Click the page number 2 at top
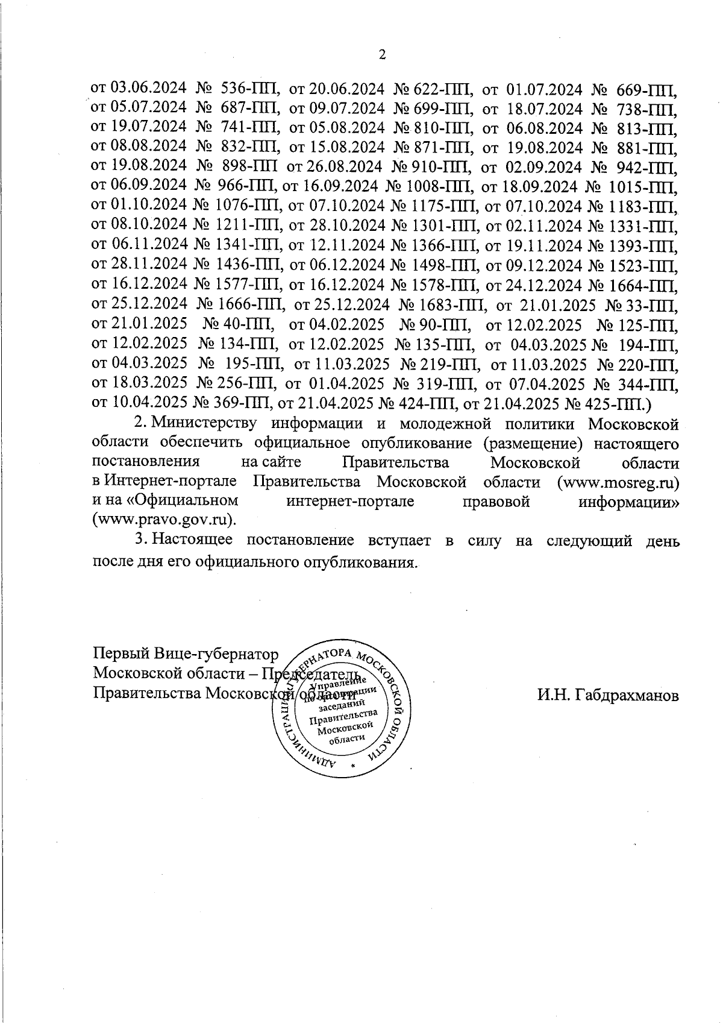[381, 55]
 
